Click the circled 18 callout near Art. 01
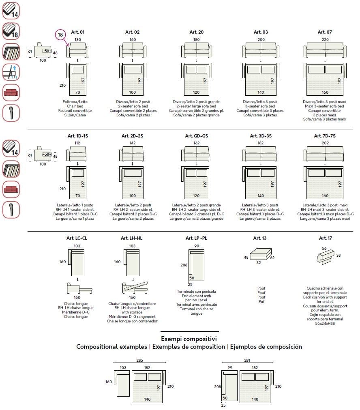click(x=60, y=35)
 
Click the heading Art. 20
click(x=196, y=32)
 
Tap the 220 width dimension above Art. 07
click(x=325, y=40)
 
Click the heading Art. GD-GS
click(x=196, y=136)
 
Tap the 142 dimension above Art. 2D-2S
click(x=132, y=143)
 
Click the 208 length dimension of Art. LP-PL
click(x=183, y=265)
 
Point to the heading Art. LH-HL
click(x=132, y=238)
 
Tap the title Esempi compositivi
click(x=189, y=339)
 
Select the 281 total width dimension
click(x=247, y=360)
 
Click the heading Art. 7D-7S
click(x=325, y=136)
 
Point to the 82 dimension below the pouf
click(x=258, y=263)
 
